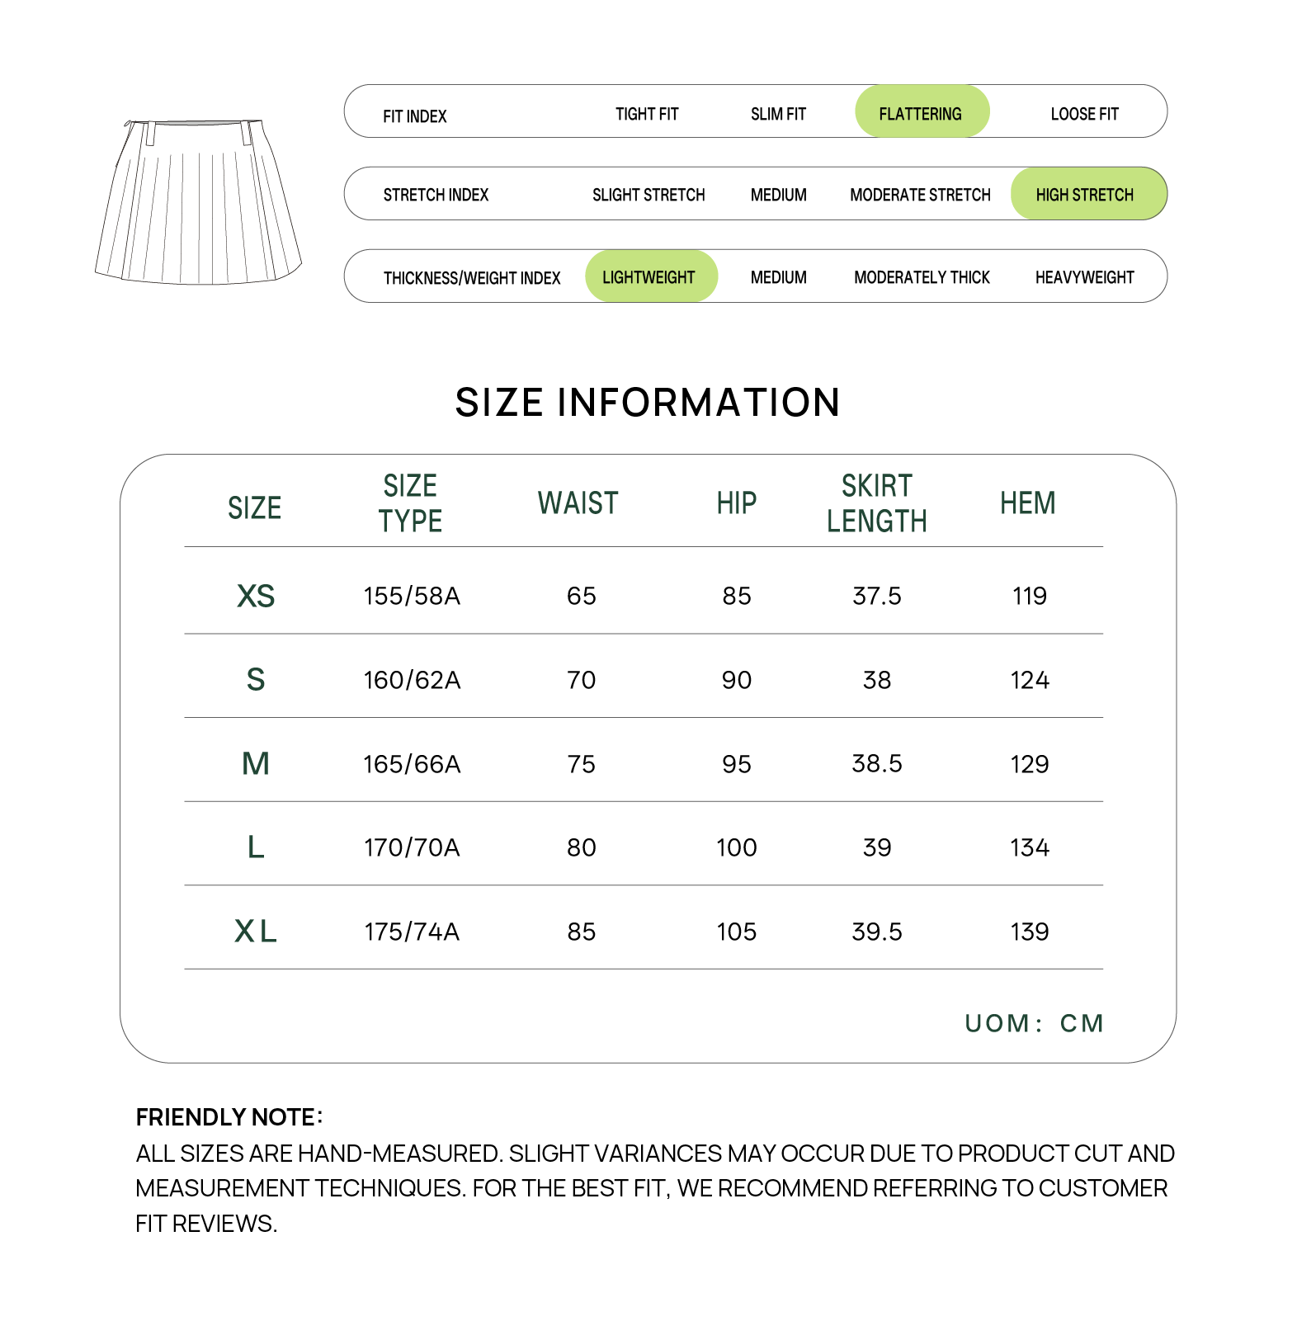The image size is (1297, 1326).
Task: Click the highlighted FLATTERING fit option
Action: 921,113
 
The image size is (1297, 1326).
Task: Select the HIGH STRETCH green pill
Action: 1085,195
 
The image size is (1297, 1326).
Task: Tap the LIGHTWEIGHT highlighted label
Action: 649,277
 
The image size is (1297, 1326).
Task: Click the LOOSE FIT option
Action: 1084,114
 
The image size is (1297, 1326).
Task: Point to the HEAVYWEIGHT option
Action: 1084,277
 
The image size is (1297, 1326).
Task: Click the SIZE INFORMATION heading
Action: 648,403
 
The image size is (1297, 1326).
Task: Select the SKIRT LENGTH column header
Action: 877,503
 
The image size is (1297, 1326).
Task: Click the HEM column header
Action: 1028,503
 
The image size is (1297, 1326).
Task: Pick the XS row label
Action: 256,596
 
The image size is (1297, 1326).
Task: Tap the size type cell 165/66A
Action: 412,764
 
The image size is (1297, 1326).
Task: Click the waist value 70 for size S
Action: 581,680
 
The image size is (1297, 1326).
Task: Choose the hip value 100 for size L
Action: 736,847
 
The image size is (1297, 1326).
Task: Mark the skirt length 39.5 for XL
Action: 877,932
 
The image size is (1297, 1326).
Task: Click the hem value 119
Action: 1029,596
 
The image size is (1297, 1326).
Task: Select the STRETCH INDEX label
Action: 436,195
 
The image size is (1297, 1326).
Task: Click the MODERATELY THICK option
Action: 922,277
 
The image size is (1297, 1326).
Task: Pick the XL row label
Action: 256,932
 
